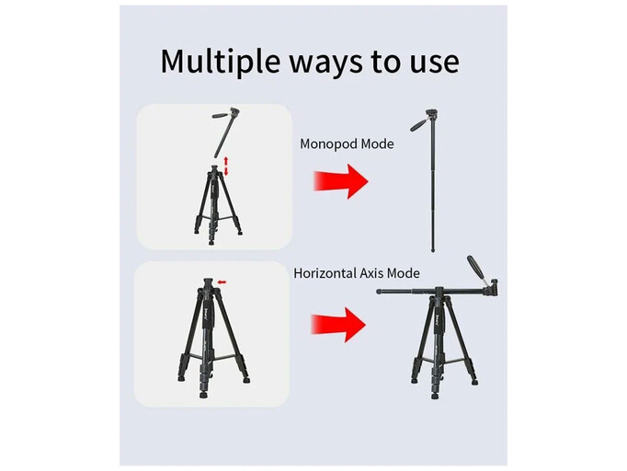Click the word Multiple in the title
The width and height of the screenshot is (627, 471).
point(220,62)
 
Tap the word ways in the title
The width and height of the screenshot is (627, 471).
point(325,63)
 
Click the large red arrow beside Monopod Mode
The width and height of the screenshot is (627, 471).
point(340,181)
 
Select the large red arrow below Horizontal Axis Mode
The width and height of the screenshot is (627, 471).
point(338,325)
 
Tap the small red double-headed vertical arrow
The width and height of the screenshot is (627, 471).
point(225,167)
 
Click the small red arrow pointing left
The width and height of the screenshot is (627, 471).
point(222,282)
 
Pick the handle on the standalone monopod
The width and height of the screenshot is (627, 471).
point(418,124)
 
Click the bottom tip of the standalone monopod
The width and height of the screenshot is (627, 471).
point(433,250)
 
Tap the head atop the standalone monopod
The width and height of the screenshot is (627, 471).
point(431,114)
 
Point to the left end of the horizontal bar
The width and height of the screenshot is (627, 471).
point(378,292)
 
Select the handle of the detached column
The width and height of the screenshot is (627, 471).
point(221,116)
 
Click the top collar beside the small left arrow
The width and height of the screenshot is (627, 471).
point(209,284)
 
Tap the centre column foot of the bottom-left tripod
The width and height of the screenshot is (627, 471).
point(203,396)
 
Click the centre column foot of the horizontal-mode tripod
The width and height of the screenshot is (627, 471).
point(435,396)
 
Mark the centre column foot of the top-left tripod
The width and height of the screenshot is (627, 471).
point(211,243)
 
